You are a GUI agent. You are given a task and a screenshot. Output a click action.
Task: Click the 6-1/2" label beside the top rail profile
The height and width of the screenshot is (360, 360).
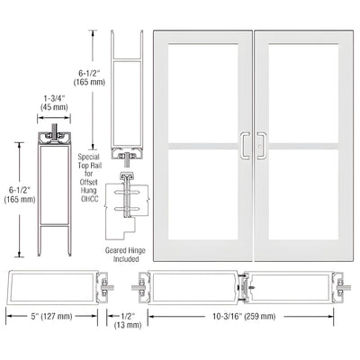85,72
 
